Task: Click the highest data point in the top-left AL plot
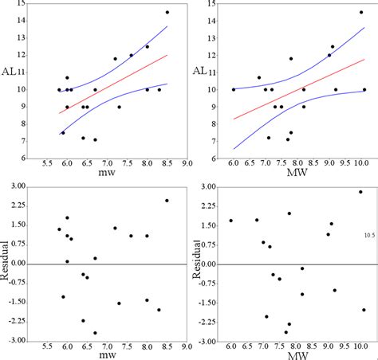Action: tap(167, 13)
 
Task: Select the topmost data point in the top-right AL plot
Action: tap(360, 13)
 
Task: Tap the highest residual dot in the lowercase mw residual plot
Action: tap(167, 200)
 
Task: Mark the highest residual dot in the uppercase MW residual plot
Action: tap(360, 192)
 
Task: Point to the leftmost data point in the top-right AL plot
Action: tap(234, 90)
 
